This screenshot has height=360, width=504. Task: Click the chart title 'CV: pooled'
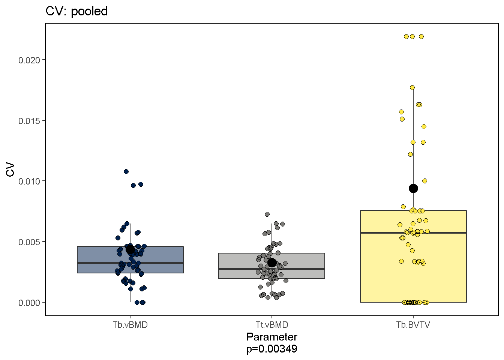point(76,11)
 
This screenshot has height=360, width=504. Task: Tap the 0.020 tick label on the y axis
point(29,60)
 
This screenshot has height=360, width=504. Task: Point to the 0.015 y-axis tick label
point(29,121)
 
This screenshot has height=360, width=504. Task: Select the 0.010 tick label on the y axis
point(29,181)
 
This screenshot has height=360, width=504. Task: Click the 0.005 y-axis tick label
point(29,242)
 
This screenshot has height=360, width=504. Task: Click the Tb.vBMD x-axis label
point(130,325)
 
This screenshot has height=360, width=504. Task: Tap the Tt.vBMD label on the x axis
point(272,325)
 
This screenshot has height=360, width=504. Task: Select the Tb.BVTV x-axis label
point(413,325)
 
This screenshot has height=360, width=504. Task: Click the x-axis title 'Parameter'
point(272,337)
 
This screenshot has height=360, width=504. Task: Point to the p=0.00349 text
point(272,349)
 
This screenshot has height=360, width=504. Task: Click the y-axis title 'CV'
point(10,169)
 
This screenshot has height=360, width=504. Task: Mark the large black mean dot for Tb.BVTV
point(413,188)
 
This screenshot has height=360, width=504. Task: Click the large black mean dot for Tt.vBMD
point(272,262)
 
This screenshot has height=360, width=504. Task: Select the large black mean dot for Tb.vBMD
point(130,249)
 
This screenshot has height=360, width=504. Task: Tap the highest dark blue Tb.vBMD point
point(126,171)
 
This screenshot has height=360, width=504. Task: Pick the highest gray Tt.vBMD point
point(267,214)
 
